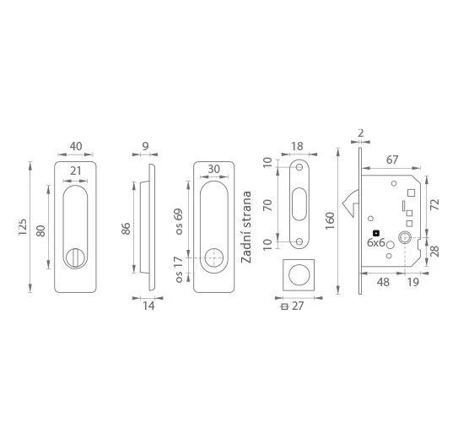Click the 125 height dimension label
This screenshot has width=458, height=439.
(x=23, y=227)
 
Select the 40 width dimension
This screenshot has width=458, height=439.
(x=76, y=146)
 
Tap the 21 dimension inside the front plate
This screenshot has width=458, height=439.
(x=75, y=171)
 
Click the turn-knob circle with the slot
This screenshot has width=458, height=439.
(x=75, y=257)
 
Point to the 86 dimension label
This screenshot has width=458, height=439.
(x=126, y=228)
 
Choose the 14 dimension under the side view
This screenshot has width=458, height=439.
(x=148, y=306)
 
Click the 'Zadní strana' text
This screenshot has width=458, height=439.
(x=246, y=227)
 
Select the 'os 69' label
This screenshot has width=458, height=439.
(x=178, y=221)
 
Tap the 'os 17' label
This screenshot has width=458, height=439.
(x=179, y=269)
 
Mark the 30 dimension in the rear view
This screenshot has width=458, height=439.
(x=213, y=169)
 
